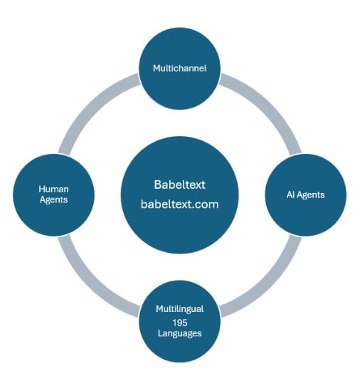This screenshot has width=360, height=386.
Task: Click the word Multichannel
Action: point(180,68)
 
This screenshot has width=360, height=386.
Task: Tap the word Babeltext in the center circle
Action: point(180,184)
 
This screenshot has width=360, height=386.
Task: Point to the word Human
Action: point(54,189)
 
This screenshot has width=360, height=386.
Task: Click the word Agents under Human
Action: point(54,200)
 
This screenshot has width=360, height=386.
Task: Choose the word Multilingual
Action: point(180,309)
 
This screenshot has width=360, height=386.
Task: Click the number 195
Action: point(180,321)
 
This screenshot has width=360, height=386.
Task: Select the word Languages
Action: point(180,333)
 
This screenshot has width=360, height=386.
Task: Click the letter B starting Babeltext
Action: point(157,184)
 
